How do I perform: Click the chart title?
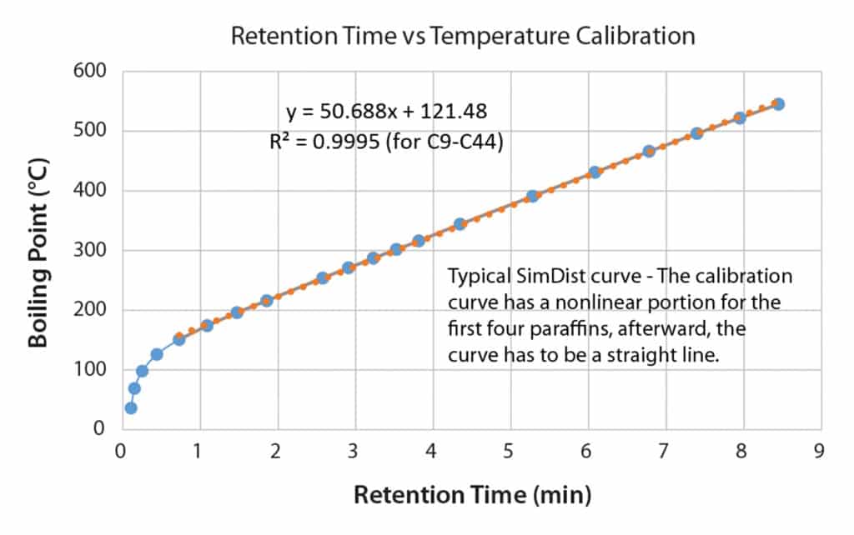tap(462, 37)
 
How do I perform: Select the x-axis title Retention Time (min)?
tap(473, 495)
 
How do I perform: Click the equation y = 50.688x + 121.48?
tap(387, 110)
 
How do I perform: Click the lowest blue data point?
tap(131, 407)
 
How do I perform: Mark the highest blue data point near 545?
tap(778, 104)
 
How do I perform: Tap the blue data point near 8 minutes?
tap(739, 118)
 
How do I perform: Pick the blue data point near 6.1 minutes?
tap(595, 172)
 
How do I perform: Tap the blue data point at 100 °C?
tap(142, 371)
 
